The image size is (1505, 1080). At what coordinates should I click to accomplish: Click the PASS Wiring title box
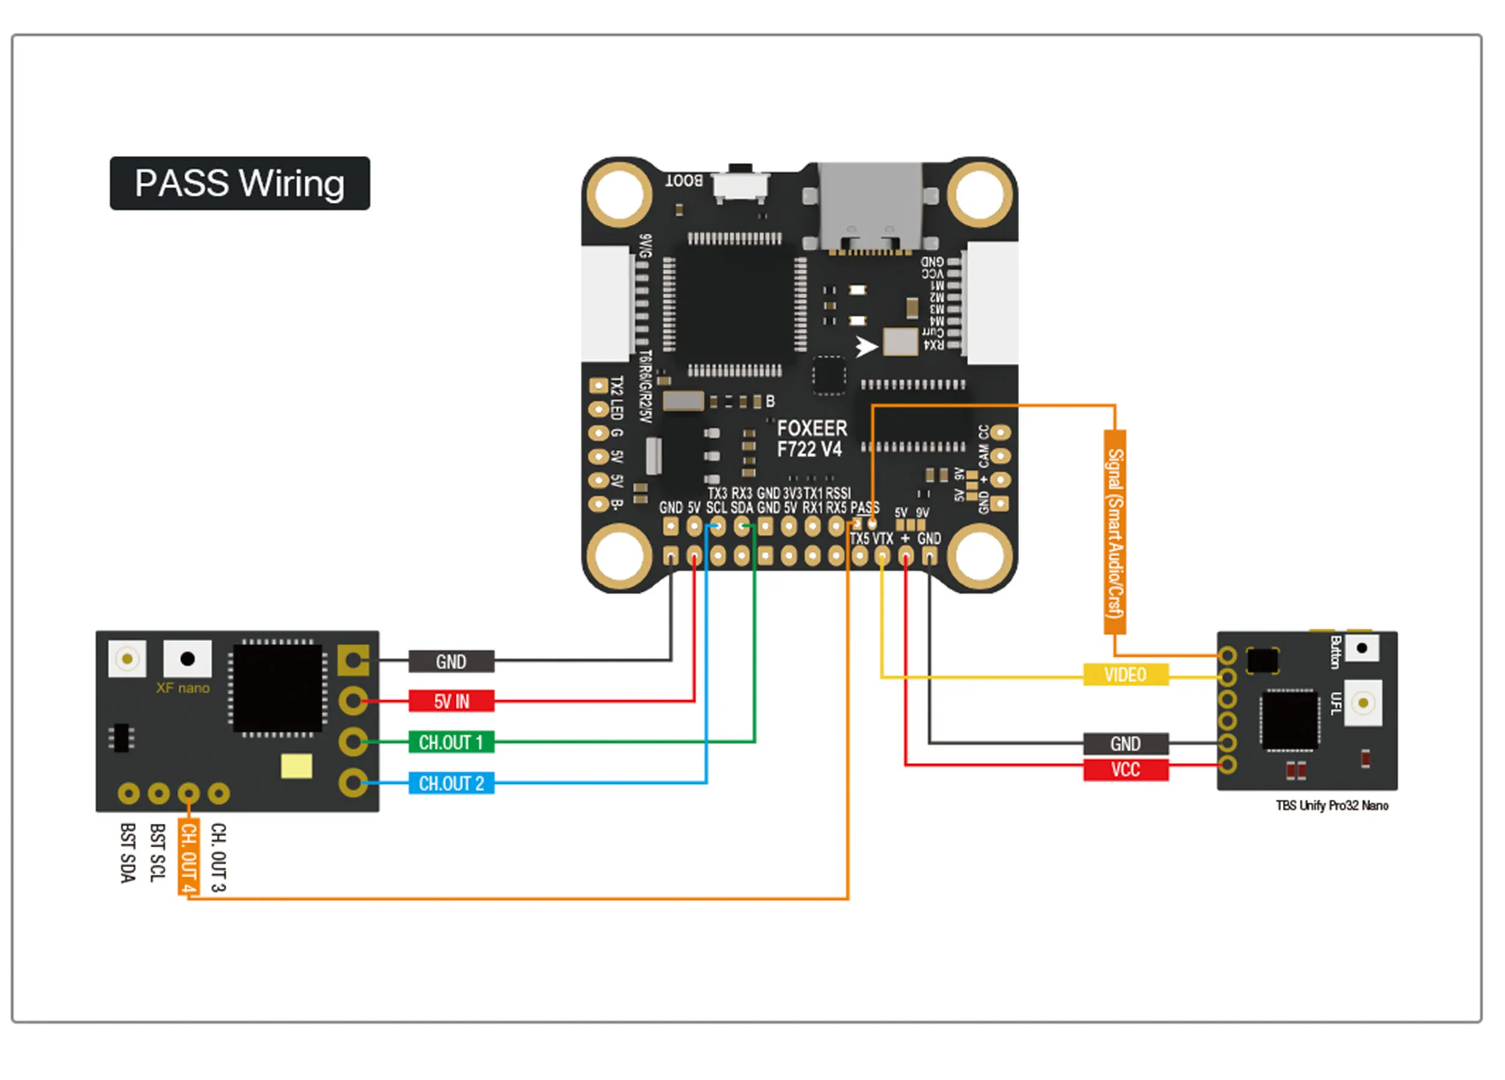pyautogui.click(x=240, y=184)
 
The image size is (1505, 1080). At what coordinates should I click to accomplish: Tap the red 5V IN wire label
pyautogui.click(x=451, y=701)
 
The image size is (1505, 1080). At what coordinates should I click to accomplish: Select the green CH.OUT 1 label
pyautogui.click(x=451, y=742)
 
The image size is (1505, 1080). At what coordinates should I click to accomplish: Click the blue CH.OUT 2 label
pyautogui.click(x=451, y=783)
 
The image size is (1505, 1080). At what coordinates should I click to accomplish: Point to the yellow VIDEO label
pyautogui.click(x=1125, y=674)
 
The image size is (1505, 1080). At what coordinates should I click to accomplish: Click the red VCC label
pyautogui.click(x=1125, y=770)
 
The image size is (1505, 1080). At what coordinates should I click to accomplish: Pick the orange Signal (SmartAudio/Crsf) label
pyautogui.click(x=1115, y=532)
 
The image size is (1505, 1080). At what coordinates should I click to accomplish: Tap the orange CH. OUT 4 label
pyautogui.click(x=188, y=858)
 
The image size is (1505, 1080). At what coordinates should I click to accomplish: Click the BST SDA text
pyautogui.click(x=128, y=853)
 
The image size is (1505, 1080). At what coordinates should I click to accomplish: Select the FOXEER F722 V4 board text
pyautogui.click(x=811, y=439)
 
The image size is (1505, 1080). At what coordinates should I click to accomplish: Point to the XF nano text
pyautogui.click(x=182, y=688)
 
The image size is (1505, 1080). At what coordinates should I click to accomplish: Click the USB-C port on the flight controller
pyautogui.click(x=869, y=206)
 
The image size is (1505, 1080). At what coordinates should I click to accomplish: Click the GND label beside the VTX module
pyautogui.click(x=1125, y=744)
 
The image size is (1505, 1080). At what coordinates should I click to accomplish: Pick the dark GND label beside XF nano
pyautogui.click(x=451, y=661)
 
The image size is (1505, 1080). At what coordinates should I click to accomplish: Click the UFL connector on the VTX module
pyautogui.click(x=1362, y=703)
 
